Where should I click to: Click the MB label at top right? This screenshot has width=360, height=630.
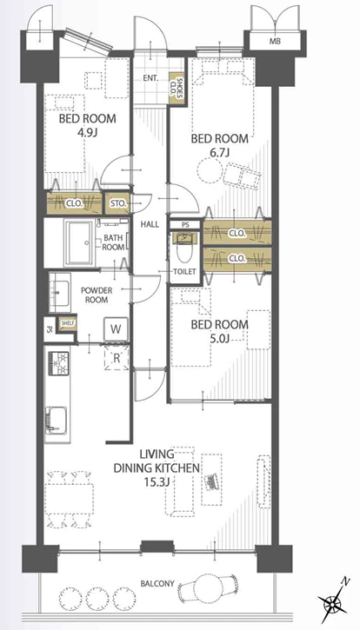coord(275,41)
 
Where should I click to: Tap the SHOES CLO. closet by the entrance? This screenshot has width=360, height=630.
coord(176,89)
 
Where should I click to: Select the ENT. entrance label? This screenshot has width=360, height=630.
coord(150,79)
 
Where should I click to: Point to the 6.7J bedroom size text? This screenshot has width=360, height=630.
coord(220,153)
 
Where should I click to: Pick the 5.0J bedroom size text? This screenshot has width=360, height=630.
coord(219,339)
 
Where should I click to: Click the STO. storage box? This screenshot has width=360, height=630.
coord(116,203)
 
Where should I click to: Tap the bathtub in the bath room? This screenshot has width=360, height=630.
coord(80,242)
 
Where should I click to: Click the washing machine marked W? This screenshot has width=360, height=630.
coord(116,330)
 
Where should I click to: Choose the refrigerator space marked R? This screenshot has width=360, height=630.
coord(117,358)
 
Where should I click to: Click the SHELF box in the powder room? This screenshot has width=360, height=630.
coord(66,323)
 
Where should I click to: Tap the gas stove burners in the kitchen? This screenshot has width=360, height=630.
coord(58,363)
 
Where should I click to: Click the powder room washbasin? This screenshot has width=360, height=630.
coord(59,292)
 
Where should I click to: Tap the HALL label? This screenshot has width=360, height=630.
coord(150,224)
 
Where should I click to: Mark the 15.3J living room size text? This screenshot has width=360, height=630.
coord(157,481)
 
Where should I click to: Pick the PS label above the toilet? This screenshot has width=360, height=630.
coord(184,225)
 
